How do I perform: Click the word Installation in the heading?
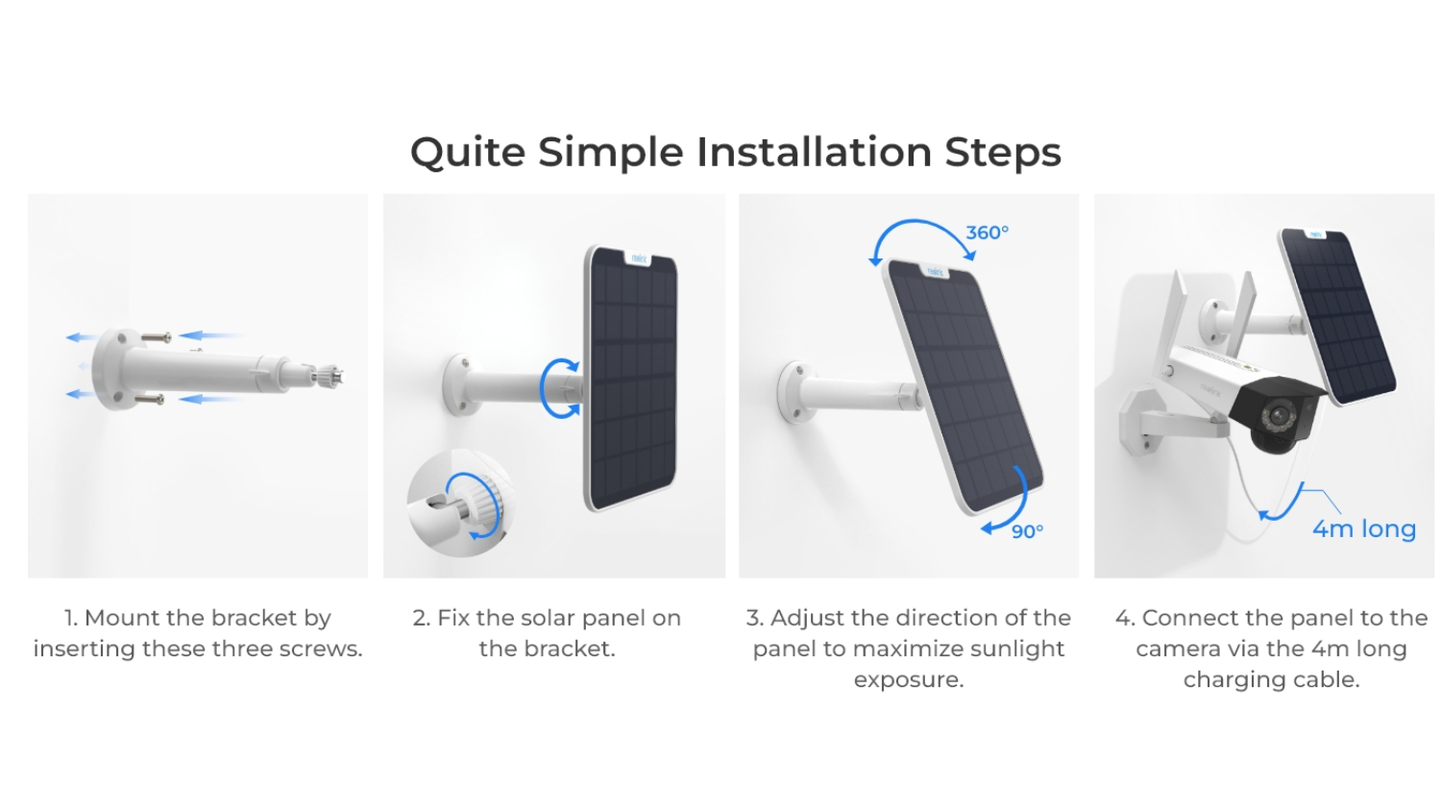coord(815,153)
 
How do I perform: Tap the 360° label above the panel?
coord(987,233)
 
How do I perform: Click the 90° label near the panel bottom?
coord(1027,531)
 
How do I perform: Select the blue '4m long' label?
coord(1364,529)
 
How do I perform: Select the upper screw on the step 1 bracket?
coord(156,336)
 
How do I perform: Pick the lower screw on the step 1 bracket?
coord(148,400)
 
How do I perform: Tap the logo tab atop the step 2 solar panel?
coord(640,258)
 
